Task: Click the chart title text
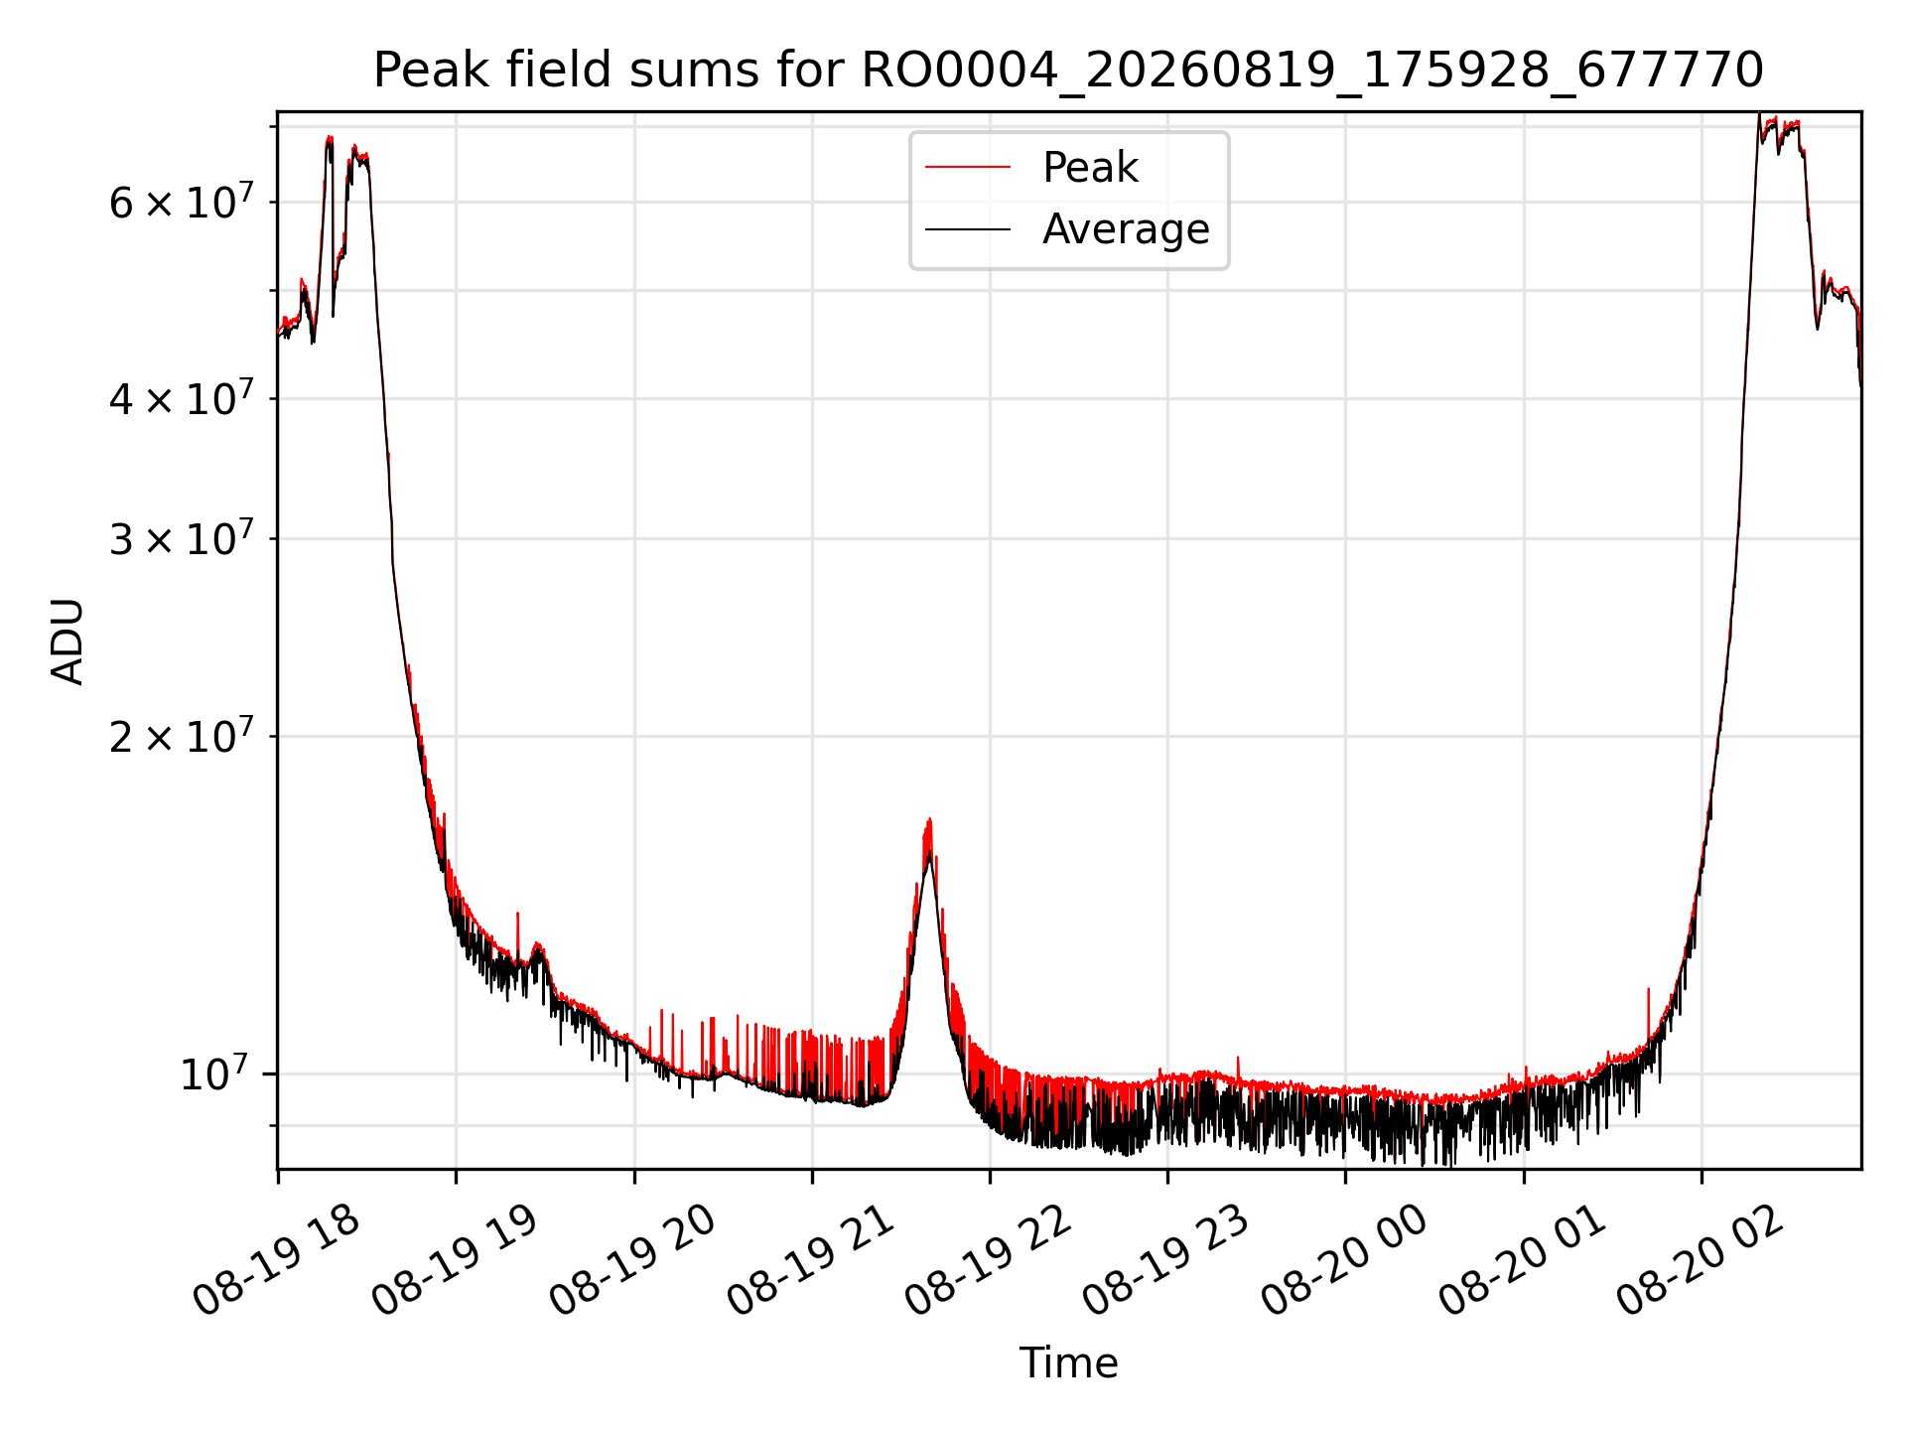[1068, 71]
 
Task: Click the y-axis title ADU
[68, 641]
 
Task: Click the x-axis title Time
[1068, 1362]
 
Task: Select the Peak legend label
[1090, 167]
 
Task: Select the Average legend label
[1126, 229]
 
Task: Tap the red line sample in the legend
[968, 168]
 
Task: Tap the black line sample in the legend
[968, 230]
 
